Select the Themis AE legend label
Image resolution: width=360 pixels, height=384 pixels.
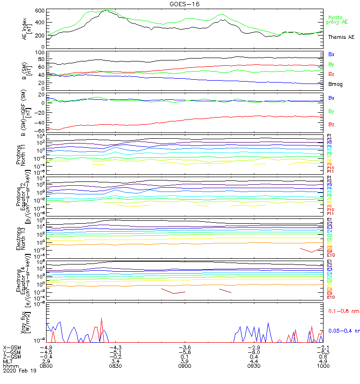click(341, 37)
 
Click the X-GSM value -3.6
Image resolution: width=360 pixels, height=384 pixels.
click(185, 347)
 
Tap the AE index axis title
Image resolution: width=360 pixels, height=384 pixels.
click(25, 28)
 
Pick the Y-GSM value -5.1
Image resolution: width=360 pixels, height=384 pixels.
click(116, 352)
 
